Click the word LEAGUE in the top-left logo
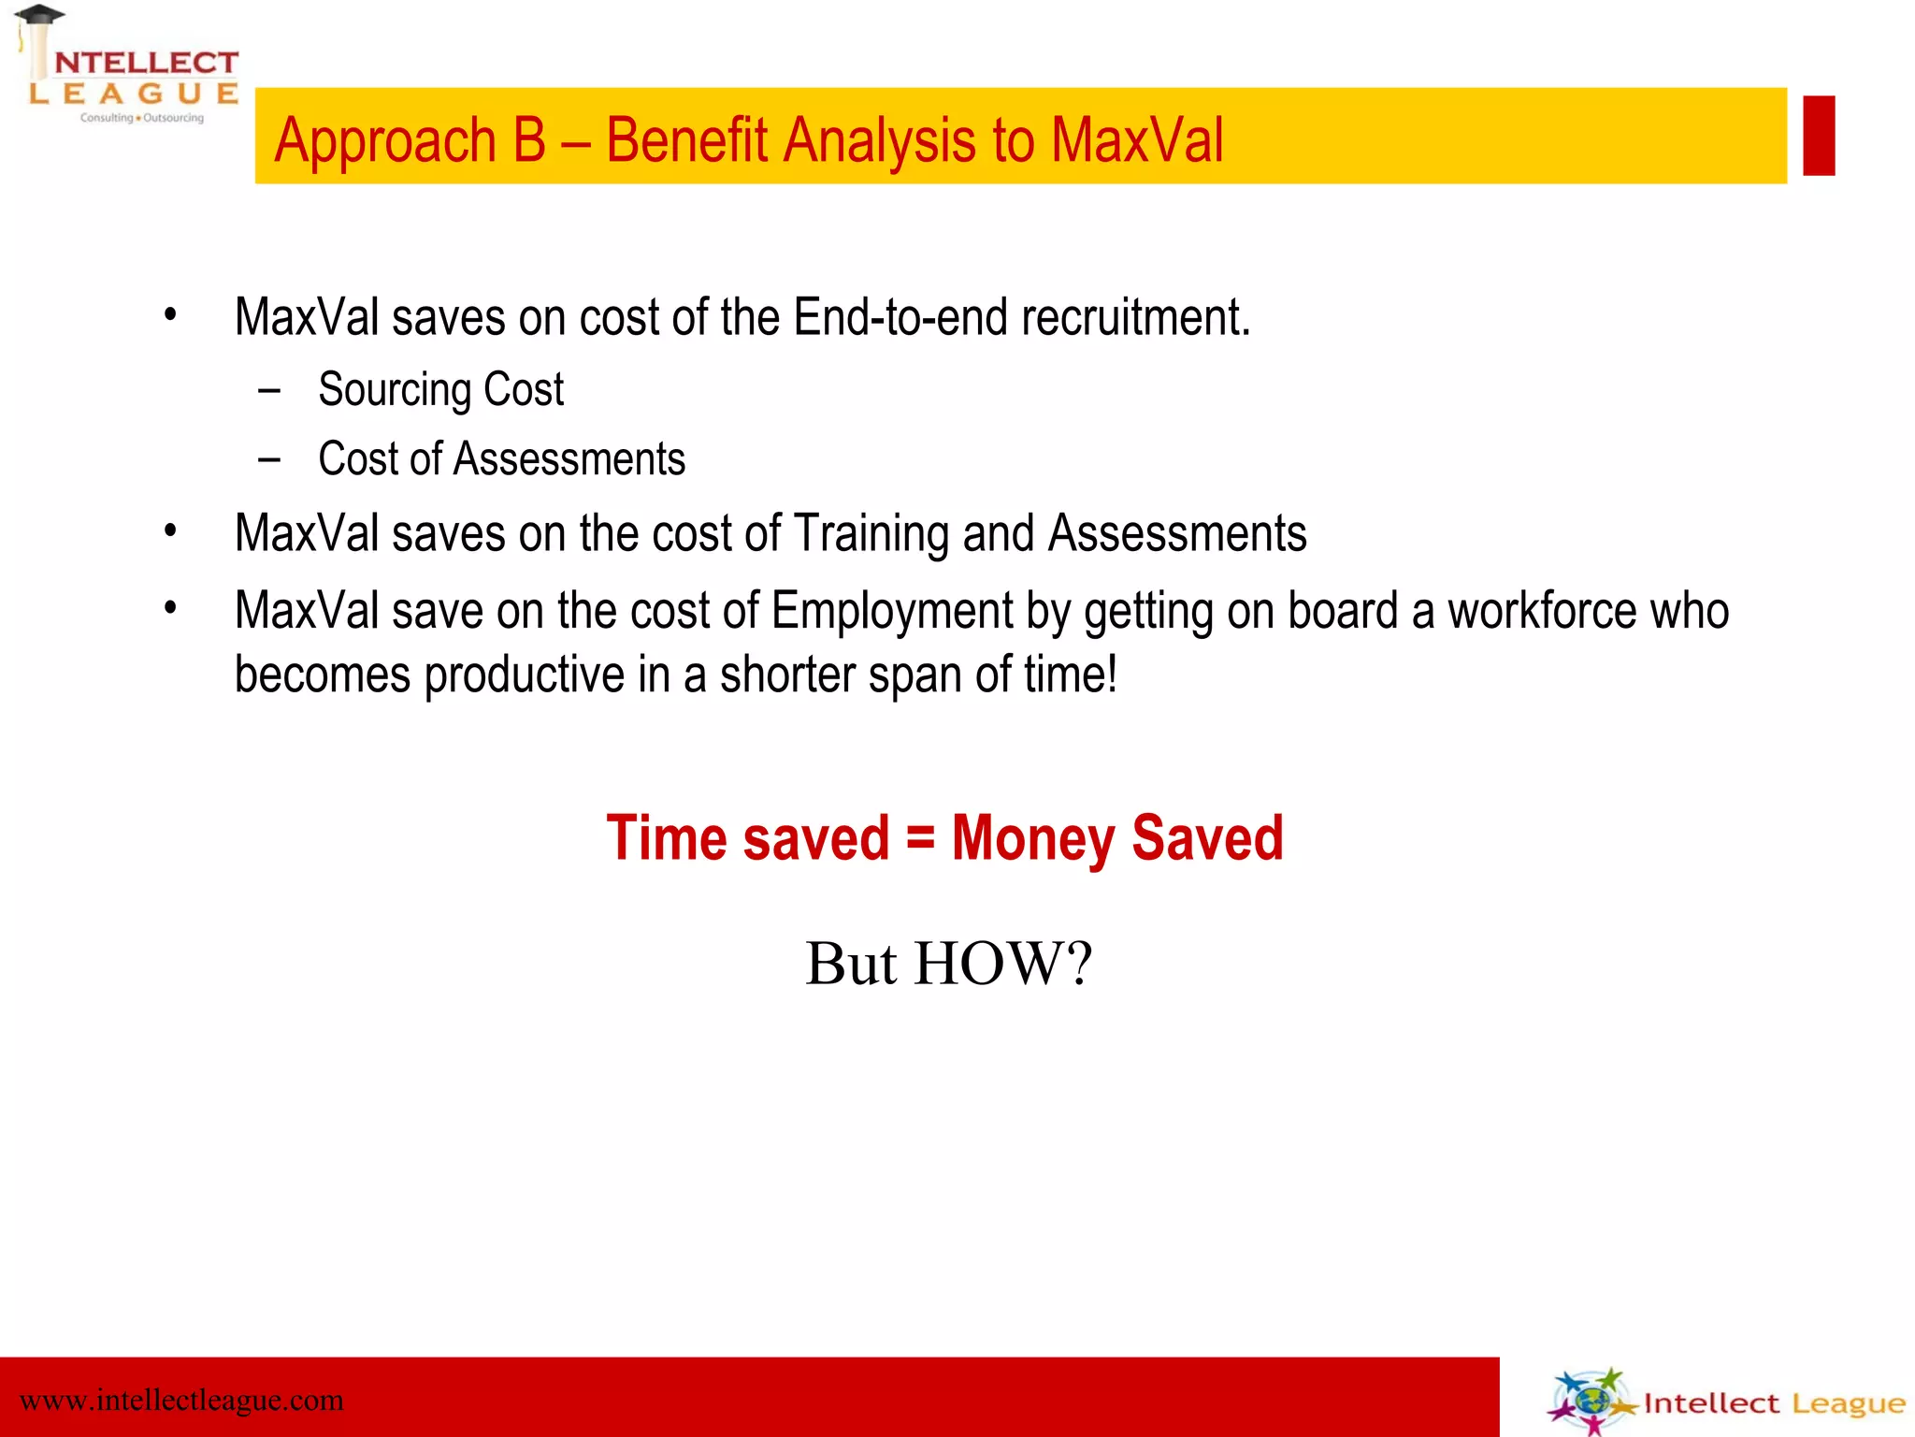(x=134, y=94)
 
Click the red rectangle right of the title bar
(x=1818, y=135)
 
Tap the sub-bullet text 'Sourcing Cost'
(x=440, y=390)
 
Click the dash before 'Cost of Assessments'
(x=269, y=459)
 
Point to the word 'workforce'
(x=1542, y=612)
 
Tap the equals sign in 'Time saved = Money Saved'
(x=920, y=837)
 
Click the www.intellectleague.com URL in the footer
(x=181, y=1401)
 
